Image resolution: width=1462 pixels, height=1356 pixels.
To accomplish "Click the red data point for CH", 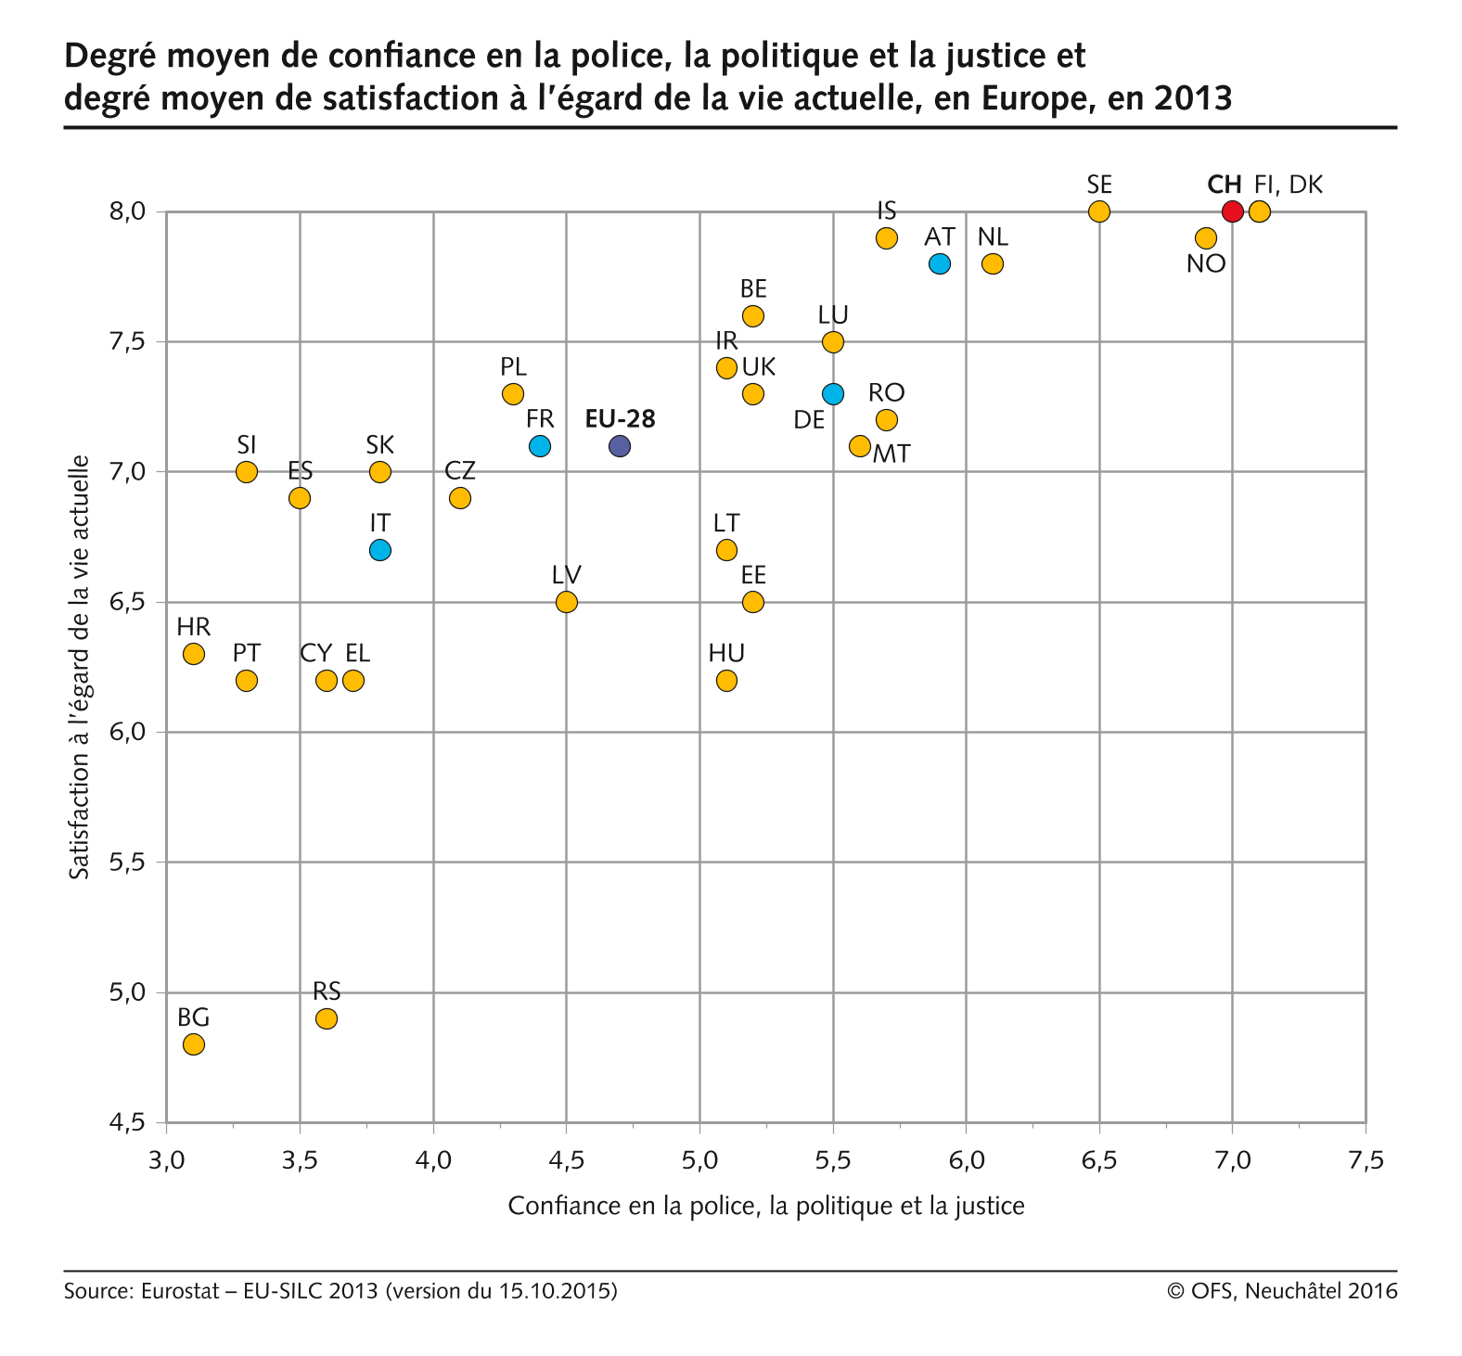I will tap(1232, 211).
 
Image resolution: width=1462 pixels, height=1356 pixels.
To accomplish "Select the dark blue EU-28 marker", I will tap(620, 446).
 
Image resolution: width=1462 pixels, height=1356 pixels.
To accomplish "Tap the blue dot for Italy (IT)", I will tap(379, 550).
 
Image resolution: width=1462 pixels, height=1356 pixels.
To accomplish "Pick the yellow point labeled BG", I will tap(193, 1044).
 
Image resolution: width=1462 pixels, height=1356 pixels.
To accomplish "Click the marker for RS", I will tap(326, 1018).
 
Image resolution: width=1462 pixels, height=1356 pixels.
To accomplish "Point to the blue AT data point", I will tap(939, 263).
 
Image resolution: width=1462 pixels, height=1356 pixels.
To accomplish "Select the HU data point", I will tap(726, 681).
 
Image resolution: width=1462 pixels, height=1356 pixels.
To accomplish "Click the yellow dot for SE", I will tap(1098, 211).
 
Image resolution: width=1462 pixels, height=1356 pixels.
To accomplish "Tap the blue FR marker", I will tap(539, 446).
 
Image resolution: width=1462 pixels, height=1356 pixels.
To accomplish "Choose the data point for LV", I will tap(566, 602).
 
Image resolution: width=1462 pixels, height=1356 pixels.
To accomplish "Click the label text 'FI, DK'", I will tap(1288, 185).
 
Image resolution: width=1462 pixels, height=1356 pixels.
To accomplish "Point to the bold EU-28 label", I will tap(620, 419).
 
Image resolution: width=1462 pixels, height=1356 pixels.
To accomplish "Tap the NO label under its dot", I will tap(1206, 264).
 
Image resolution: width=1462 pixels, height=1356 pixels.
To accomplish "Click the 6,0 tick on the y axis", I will tap(128, 733).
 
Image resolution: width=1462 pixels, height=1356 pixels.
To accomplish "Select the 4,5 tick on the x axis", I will tap(566, 1160).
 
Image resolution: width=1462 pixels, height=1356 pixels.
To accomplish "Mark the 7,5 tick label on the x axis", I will tap(1366, 1160).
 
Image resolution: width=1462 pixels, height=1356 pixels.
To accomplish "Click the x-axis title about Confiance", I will tap(766, 1206).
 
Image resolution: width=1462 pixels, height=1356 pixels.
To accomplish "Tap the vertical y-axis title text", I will tap(81, 667).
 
